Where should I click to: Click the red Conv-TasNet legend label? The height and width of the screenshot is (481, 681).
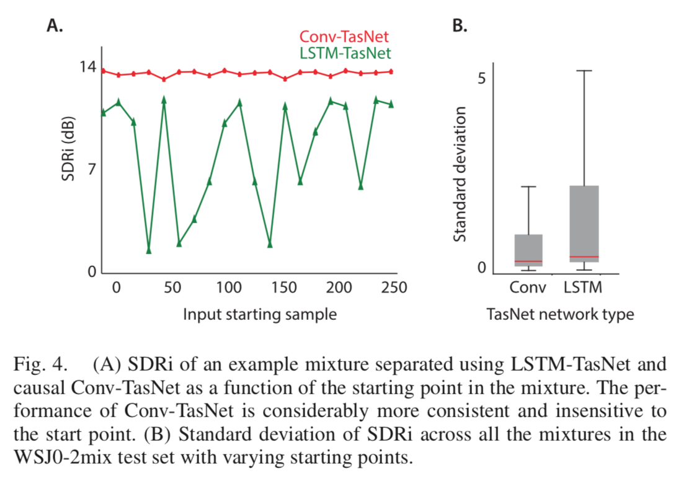coord(344,37)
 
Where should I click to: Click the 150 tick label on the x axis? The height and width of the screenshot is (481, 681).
coord(285,288)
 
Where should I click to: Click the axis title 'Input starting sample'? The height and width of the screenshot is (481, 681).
coord(260,314)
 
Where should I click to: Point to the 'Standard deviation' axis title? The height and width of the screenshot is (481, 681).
coord(459,174)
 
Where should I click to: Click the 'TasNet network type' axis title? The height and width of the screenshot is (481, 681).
coord(561,314)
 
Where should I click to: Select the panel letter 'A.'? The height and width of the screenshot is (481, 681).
coord(55,27)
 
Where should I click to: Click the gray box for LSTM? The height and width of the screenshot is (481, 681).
coord(584,223)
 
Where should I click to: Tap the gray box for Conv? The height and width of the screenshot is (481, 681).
coord(528,250)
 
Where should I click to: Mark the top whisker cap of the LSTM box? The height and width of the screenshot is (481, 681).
coord(584,71)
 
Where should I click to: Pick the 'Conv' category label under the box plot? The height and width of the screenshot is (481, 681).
coord(528,288)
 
